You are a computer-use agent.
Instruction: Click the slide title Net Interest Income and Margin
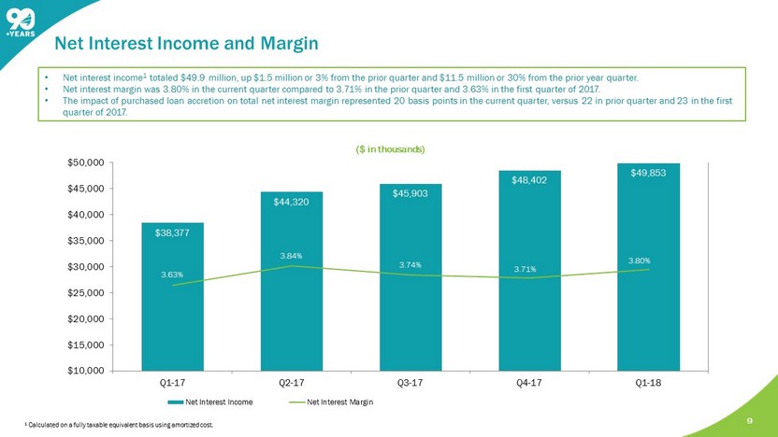pos(186,43)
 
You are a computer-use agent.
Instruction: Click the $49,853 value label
pos(648,173)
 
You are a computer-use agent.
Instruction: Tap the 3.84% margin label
pos(292,255)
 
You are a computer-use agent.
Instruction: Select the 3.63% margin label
pos(172,275)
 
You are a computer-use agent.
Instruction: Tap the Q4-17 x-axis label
pos(528,382)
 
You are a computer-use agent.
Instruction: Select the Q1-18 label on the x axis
pos(647,382)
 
